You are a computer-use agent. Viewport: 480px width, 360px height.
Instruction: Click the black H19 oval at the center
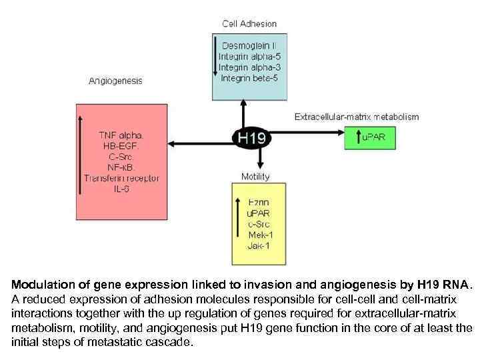tap(251, 139)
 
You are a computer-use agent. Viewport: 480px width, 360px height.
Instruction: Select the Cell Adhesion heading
tap(249, 23)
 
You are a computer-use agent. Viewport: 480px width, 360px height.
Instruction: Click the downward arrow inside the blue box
tap(215, 59)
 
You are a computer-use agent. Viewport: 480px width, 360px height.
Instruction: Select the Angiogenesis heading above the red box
tap(115, 81)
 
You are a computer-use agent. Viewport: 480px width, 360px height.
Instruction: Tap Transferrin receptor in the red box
tap(121, 178)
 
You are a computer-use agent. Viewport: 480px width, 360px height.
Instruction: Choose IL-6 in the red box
tap(121, 189)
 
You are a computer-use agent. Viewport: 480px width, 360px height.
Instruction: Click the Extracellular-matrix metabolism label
tap(357, 117)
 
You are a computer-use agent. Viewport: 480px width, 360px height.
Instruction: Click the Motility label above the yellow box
tap(255, 177)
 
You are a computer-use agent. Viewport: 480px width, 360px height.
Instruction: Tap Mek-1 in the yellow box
tap(260, 235)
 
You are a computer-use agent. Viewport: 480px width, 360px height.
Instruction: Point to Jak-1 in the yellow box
tap(259, 245)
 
